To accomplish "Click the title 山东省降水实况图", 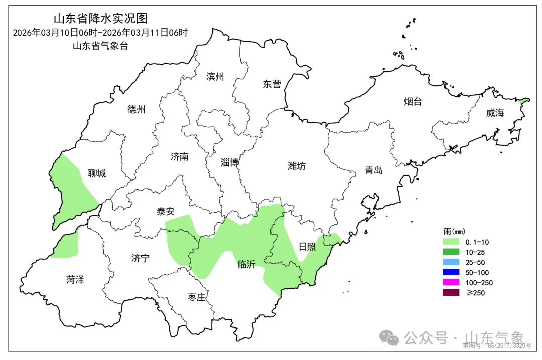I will click(x=100, y=19).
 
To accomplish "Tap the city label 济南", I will click(x=180, y=157).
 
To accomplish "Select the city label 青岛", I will click(x=374, y=170).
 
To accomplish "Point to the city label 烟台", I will click(x=413, y=102).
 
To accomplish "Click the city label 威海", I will click(x=495, y=113).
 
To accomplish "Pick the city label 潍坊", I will click(x=297, y=166).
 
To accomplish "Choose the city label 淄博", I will click(x=230, y=162).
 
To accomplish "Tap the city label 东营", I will click(x=272, y=84).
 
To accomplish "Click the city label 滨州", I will click(x=215, y=77).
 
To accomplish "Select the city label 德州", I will click(x=136, y=109).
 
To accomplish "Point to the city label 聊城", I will click(x=97, y=174).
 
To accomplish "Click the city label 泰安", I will click(x=165, y=212).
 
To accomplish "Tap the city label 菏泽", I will click(x=75, y=280).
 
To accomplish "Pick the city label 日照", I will click(x=307, y=246).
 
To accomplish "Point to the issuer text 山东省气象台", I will click(x=100, y=46).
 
